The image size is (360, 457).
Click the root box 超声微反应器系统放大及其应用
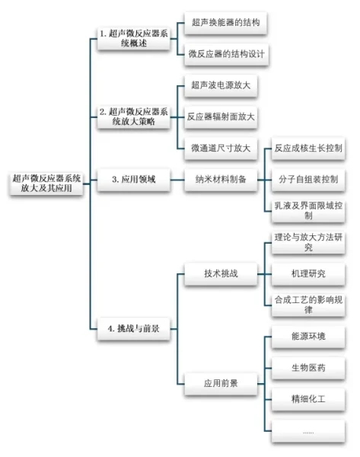[46, 184]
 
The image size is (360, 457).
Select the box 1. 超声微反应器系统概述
[134, 39]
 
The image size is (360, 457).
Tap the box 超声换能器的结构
[226, 23]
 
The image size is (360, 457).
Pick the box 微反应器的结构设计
[226, 54]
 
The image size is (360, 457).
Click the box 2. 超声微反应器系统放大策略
[134, 117]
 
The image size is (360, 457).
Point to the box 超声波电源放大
[221, 85]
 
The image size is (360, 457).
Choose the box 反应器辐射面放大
[221, 117]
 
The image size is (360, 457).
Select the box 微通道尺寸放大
[221, 149]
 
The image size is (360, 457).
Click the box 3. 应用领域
[134, 180]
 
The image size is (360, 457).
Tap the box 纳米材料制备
[221, 180]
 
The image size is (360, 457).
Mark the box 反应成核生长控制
[308, 149]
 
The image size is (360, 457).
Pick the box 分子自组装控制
[308, 180]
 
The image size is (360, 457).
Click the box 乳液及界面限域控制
[308, 211]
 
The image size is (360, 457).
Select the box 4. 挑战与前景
[134, 329]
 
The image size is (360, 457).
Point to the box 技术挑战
[221, 274]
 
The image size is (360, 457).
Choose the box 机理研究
[308, 274]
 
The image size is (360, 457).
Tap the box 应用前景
[221, 384]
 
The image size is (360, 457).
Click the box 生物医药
[308, 368]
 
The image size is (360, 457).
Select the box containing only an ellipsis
[308, 431]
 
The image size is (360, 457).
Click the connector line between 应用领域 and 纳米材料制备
[177, 180]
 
